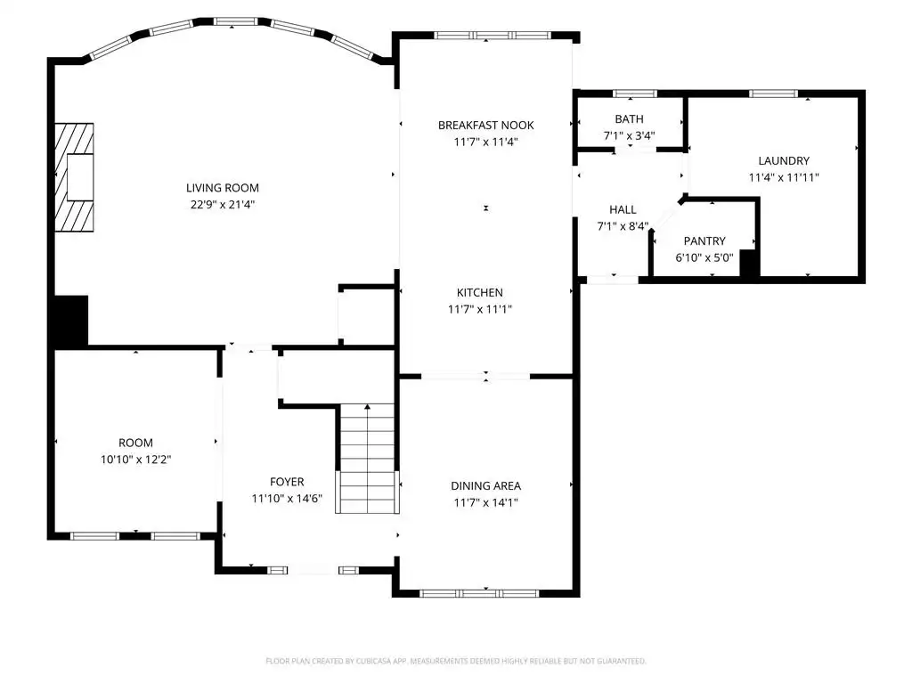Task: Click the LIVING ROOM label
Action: coord(222,188)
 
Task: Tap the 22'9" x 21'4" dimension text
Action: coord(222,204)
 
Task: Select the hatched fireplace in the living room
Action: coord(75,177)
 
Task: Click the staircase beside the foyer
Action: coord(367,459)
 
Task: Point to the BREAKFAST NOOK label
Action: coord(485,125)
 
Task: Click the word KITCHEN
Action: coord(480,292)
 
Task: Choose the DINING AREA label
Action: coord(485,485)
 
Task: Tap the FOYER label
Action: coord(287,482)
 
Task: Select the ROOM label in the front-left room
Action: coord(135,443)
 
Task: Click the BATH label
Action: coord(630,118)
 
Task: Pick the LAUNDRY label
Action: coord(784,160)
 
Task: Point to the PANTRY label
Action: coord(704,240)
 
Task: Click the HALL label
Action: coord(623,209)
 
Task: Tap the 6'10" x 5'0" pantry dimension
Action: coord(704,257)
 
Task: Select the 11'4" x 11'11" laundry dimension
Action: coord(784,177)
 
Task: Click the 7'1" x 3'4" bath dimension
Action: coord(630,135)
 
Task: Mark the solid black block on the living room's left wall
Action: coord(71,321)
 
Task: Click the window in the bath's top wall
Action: coord(634,93)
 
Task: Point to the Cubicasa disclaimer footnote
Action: coord(455,661)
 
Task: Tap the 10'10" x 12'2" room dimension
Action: coord(135,459)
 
